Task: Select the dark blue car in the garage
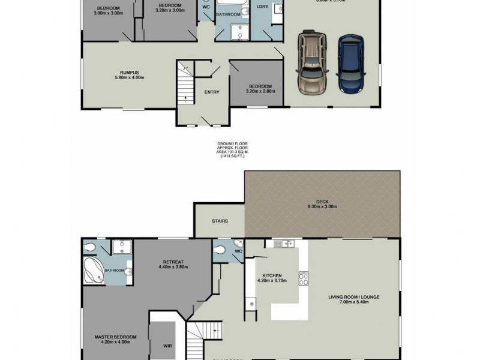(x=350, y=64)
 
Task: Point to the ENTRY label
(x=212, y=92)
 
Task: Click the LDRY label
(x=262, y=7)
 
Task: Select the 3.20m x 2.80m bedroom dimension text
(x=261, y=91)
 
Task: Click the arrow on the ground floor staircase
(x=185, y=98)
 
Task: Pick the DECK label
(x=322, y=202)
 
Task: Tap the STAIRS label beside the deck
(x=220, y=221)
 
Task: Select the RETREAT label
(x=172, y=262)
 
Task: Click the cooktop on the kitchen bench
(x=304, y=279)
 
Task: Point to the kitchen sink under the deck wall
(x=281, y=244)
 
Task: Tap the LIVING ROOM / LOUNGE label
(x=353, y=297)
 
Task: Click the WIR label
(x=167, y=346)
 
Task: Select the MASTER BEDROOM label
(x=116, y=337)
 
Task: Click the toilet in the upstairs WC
(x=220, y=250)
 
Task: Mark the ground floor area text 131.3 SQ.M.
(x=232, y=152)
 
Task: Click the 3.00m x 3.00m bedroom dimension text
(x=109, y=13)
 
